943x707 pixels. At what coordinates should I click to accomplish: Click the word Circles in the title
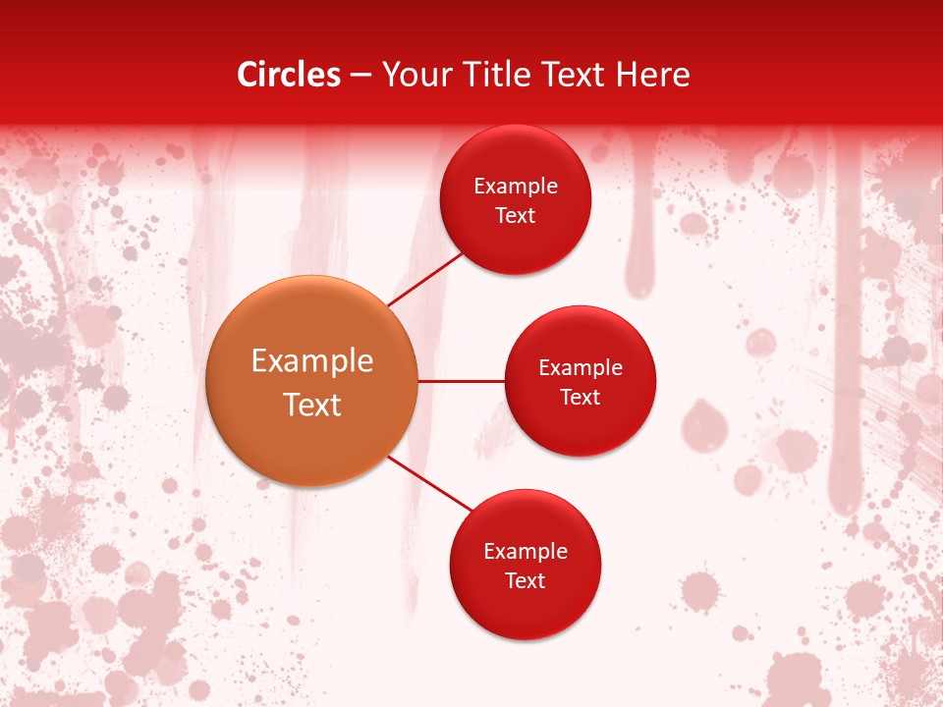pyautogui.click(x=288, y=75)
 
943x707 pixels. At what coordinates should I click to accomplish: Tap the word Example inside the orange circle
pyautogui.click(x=312, y=361)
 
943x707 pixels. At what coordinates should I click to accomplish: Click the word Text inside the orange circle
pyautogui.click(x=312, y=405)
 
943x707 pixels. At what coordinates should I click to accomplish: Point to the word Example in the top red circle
pyautogui.click(x=516, y=187)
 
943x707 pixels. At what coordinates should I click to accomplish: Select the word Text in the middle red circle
pyautogui.click(x=580, y=397)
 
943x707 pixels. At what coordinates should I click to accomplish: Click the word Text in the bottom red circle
pyautogui.click(x=525, y=580)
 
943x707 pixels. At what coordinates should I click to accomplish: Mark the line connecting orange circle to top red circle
pyautogui.click(x=424, y=279)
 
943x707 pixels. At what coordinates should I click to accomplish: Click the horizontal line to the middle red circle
pyautogui.click(x=461, y=381)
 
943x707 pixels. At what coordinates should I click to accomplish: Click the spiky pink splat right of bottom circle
pyautogui.click(x=699, y=590)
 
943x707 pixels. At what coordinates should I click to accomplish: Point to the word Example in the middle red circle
pyautogui.click(x=580, y=367)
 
